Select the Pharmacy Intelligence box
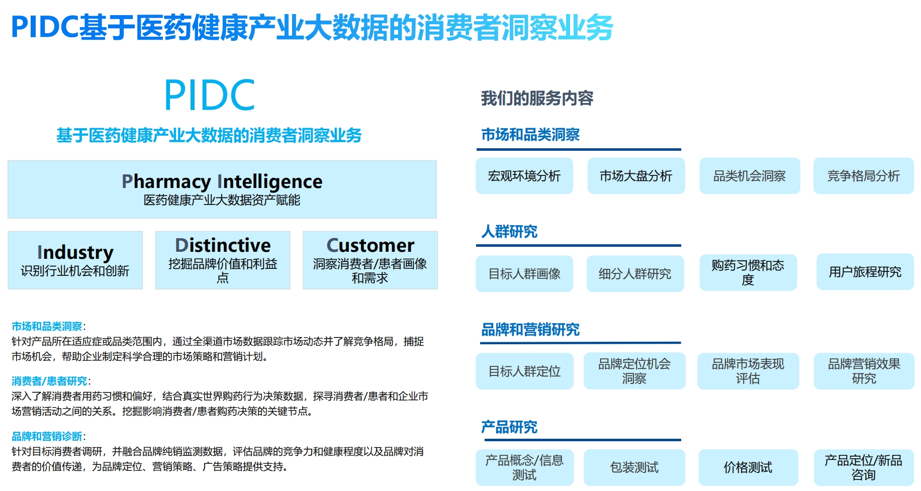[x=222, y=189]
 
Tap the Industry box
[x=75, y=260]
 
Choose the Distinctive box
[x=223, y=260]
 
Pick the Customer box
[x=370, y=260]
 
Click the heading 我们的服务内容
[x=537, y=98]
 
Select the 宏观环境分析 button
[x=524, y=176]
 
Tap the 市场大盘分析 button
[x=636, y=176]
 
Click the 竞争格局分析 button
[x=864, y=176]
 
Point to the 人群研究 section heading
[x=509, y=232]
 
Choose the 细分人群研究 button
[x=635, y=273]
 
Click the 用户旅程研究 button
[x=865, y=272]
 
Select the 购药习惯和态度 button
[x=748, y=272]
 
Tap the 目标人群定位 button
[x=524, y=371]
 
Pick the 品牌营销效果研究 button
[x=864, y=371]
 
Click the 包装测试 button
[x=634, y=467]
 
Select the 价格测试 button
[x=748, y=467]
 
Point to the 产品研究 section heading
[x=509, y=427]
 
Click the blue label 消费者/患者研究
[x=49, y=381]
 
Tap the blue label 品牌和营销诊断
[x=47, y=436]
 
